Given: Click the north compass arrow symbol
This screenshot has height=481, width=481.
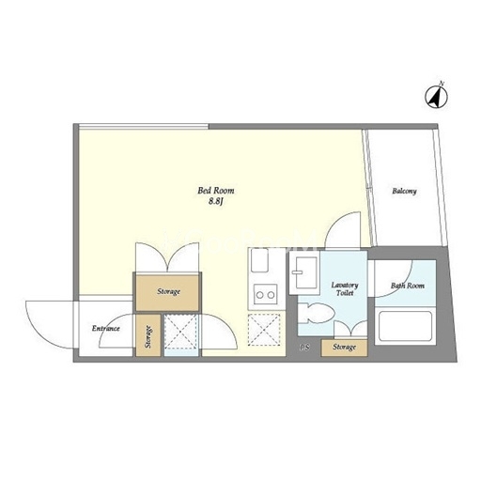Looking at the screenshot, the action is pyautogui.click(x=436, y=96).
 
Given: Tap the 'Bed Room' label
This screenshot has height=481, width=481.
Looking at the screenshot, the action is pyautogui.click(x=216, y=191).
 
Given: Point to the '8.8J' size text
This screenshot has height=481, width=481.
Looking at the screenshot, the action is pyautogui.click(x=215, y=201).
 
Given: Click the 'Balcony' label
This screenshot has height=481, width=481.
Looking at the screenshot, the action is pyautogui.click(x=404, y=191).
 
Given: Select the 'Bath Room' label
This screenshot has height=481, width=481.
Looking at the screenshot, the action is pyautogui.click(x=408, y=286).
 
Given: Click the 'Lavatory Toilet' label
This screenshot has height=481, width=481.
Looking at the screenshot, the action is pyautogui.click(x=345, y=289).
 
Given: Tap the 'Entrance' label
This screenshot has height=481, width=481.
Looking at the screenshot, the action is pyautogui.click(x=106, y=328).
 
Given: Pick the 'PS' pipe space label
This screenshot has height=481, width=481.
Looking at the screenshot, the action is pyautogui.click(x=304, y=348).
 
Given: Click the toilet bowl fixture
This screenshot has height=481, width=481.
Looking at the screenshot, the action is pyautogui.click(x=316, y=313).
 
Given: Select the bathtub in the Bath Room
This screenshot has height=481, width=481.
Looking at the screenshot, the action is pyautogui.click(x=405, y=326).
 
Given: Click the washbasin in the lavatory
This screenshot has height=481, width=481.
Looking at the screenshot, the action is pyautogui.click(x=304, y=272).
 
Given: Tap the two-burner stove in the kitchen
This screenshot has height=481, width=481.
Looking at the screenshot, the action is pyautogui.click(x=266, y=294).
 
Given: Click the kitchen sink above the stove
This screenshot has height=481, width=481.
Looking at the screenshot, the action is pyautogui.click(x=259, y=260).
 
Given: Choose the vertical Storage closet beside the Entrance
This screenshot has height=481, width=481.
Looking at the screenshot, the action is pyautogui.click(x=148, y=335).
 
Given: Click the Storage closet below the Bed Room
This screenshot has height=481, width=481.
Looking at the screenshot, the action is pyautogui.click(x=167, y=292).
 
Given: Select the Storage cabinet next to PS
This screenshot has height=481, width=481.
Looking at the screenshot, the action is pyautogui.click(x=344, y=348).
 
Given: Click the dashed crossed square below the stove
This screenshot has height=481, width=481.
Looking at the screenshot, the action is pyautogui.click(x=264, y=330).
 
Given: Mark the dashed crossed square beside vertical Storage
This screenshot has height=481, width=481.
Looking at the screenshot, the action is pyautogui.click(x=181, y=332).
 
